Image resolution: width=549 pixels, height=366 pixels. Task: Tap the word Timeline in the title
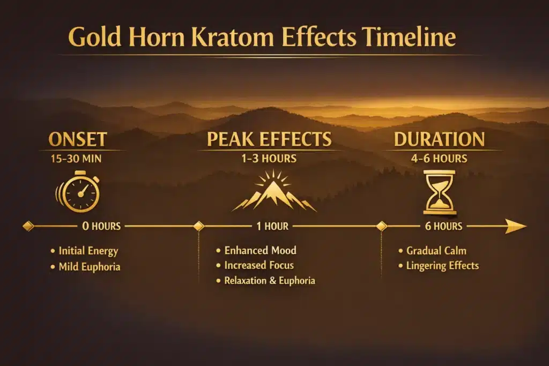(409, 39)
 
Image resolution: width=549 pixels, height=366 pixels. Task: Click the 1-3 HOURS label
(270, 159)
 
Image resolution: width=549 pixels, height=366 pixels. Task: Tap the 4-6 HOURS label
(439, 159)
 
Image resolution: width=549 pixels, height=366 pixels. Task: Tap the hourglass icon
(440, 192)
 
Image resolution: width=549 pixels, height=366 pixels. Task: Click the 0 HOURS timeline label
(101, 227)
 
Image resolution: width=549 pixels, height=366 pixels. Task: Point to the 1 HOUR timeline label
(272, 227)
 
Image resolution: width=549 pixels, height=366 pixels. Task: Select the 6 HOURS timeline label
(443, 227)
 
